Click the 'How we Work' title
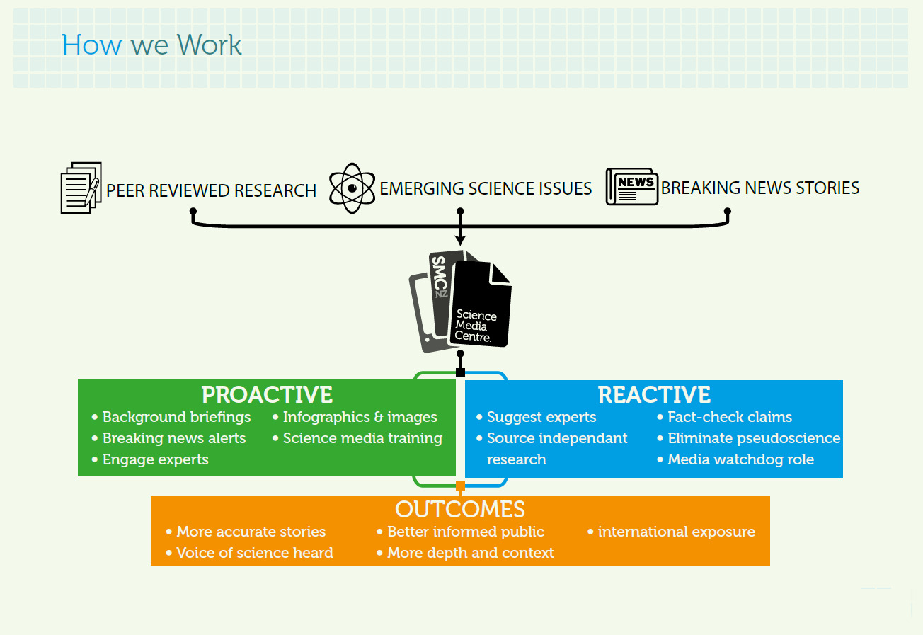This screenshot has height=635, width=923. click(x=151, y=45)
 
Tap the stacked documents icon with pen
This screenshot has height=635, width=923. click(x=81, y=188)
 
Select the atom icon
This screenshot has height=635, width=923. click(x=352, y=188)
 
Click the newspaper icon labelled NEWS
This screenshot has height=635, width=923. click(x=631, y=187)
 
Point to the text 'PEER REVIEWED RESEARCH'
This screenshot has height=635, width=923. click(x=211, y=191)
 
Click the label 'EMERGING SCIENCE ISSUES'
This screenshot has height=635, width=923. click(x=486, y=188)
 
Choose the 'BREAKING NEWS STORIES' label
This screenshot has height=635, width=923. click(x=760, y=188)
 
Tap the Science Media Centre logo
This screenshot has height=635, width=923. click(x=460, y=302)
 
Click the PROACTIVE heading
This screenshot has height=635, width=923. click(x=267, y=394)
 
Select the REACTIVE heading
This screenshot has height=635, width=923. click(x=654, y=394)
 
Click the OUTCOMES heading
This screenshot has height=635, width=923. click(x=460, y=509)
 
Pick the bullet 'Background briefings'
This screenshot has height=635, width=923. click(x=171, y=417)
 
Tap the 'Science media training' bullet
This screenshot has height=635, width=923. click(x=357, y=438)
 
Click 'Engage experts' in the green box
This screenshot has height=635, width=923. click(x=150, y=459)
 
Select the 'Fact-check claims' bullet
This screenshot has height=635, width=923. click(x=724, y=417)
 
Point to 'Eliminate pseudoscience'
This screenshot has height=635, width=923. click(x=749, y=438)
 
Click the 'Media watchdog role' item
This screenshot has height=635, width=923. click(x=735, y=459)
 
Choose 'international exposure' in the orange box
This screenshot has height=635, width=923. click(x=671, y=532)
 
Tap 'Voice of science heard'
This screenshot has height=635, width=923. click(x=249, y=553)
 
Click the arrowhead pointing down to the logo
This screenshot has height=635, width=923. click(x=460, y=241)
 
